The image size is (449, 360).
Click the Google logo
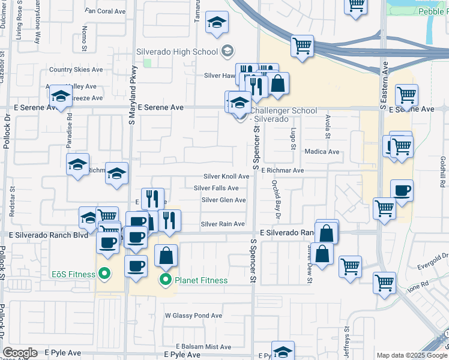[20, 352]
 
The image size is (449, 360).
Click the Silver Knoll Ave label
[226, 176]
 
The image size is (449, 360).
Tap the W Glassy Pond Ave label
[193, 316]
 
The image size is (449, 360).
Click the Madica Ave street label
[322, 152]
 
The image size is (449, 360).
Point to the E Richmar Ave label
[282, 170]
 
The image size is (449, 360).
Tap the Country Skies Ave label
[76, 70]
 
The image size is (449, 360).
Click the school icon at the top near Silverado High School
[217, 23]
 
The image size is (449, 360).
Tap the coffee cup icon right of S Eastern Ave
[401, 190]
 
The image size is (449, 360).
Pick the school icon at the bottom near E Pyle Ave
[283, 351]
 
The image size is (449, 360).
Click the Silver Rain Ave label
[223, 224]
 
